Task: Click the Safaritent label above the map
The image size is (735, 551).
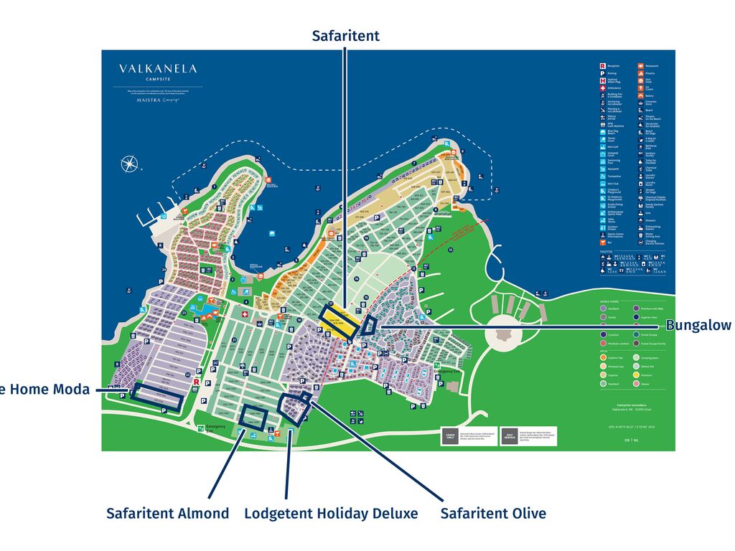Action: click(x=345, y=36)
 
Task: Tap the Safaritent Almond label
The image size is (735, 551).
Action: click(x=168, y=514)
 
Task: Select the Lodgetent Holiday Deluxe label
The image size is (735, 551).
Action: click(x=331, y=514)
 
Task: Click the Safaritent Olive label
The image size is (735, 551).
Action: click(x=493, y=514)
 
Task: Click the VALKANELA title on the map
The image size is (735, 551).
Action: click(x=158, y=69)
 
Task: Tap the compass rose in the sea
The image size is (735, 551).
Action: click(x=130, y=164)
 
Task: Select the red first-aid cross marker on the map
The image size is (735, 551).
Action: click(x=244, y=314)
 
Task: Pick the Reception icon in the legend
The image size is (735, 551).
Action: click(x=602, y=66)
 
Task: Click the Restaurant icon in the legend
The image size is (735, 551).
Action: click(x=640, y=66)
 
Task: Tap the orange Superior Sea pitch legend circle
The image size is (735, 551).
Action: click(x=603, y=357)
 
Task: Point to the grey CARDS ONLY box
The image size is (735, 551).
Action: click(x=450, y=436)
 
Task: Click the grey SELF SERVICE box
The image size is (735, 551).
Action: click(x=509, y=436)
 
